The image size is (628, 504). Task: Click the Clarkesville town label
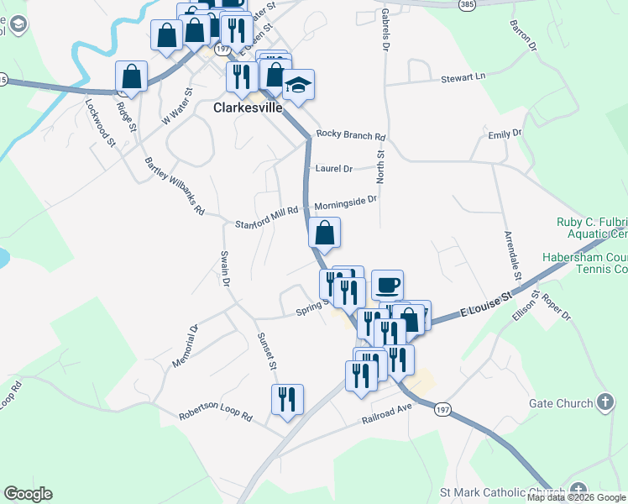click(248, 108)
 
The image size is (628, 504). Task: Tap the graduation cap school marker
click(298, 85)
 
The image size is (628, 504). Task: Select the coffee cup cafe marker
click(387, 286)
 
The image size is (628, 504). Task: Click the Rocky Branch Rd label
click(350, 136)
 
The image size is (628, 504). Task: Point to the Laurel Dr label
click(334, 168)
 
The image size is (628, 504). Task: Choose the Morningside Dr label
click(346, 202)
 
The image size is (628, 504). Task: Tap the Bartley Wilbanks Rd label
click(175, 186)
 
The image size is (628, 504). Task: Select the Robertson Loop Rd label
click(215, 416)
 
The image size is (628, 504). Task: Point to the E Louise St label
click(485, 307)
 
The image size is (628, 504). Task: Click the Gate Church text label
click(561, 404)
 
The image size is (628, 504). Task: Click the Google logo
click(28, 494)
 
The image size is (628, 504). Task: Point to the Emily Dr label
click(505, 134)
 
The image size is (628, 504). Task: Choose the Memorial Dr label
click(185, 346)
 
